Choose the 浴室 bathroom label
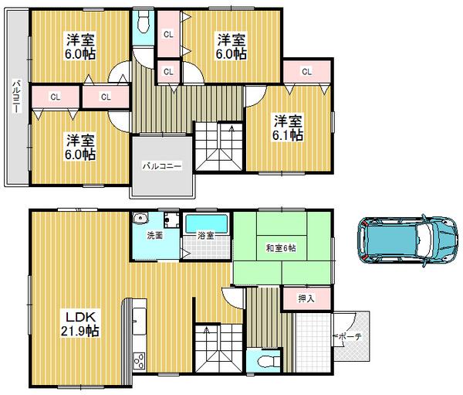pos(205,235)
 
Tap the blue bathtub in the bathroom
pos(206,223)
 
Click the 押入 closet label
pos(305,298)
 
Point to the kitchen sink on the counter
pos(140,317)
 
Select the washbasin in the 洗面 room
pos(140,218)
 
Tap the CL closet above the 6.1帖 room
pos(306,72)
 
